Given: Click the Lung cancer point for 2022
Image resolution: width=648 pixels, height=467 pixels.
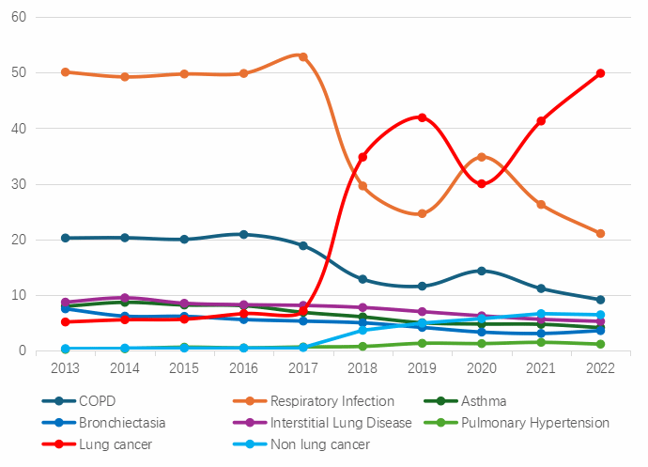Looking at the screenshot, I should [x=600, y=73].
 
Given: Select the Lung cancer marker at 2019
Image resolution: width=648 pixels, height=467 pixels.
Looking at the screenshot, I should [x=422, y=117].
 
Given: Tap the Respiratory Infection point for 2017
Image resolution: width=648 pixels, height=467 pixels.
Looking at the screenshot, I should [x=303, y=56].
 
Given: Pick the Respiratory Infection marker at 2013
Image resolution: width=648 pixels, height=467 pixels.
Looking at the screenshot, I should [x=65, y=72].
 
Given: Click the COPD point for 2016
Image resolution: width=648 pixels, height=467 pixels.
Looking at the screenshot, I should [x=243, y=234].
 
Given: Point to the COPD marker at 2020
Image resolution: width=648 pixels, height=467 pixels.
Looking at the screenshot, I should [x=482, y=271].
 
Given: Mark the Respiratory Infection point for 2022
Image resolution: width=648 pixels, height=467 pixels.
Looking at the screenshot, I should [x=600, y=233].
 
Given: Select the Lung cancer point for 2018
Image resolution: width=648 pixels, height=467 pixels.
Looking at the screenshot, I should [x=363, y=157].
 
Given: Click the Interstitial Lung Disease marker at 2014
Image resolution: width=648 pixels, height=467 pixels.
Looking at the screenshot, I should [x=125, y=298].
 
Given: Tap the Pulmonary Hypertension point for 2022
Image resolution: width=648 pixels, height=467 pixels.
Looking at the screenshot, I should [x=600, y=344].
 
